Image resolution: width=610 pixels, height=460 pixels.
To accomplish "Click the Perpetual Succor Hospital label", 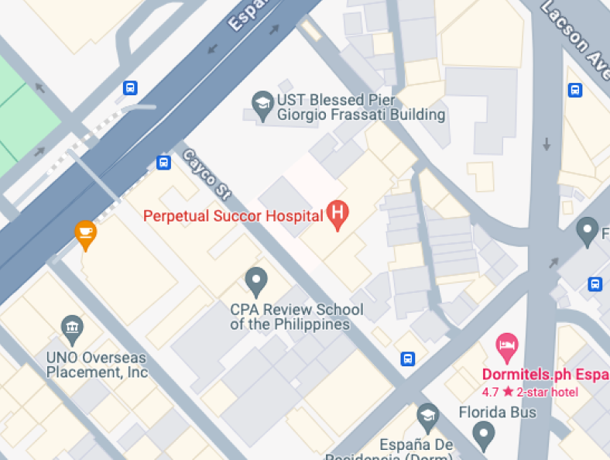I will (x=233, y=215).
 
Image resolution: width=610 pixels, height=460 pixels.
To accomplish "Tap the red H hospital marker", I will (x=337, y=214).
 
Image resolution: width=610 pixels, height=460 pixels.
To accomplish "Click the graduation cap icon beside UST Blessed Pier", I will (x=262, y=105).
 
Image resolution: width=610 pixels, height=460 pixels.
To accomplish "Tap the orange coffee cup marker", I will (x=85, y=233).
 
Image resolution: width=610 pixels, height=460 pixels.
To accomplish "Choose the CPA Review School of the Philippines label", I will (x=296, y=317).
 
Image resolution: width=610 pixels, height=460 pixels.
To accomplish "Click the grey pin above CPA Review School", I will (x=255, y=280).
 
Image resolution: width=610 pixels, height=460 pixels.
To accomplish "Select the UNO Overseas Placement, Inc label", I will (x=97, y=365).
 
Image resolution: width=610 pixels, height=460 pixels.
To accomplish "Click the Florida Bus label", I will (x=497, y=412).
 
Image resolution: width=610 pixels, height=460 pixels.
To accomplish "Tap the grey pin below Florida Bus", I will (x=484, y=436).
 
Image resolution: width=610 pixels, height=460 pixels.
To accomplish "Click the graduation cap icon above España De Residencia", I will (x=427, y=417).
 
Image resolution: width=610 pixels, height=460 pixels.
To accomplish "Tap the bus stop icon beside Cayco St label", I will (x=163, y=163).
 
